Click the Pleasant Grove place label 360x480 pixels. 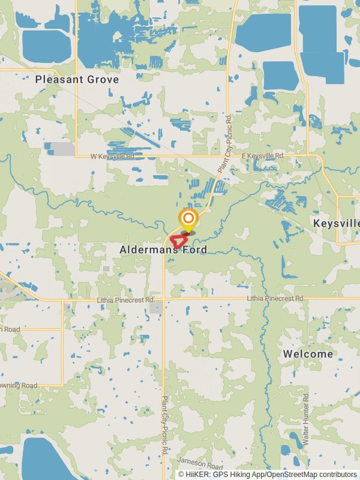77,79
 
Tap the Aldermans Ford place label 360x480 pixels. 163,250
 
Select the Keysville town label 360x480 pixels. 336,223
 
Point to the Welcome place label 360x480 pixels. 308,354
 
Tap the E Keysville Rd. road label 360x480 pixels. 263,156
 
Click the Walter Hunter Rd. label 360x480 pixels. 306,419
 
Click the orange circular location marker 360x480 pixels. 188,218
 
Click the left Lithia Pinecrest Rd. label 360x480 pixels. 126,299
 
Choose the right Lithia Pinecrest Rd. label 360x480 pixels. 276,299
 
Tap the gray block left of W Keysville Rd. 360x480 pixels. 62,149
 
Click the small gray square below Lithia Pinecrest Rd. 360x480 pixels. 155,307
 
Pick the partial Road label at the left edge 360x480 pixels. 10,329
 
